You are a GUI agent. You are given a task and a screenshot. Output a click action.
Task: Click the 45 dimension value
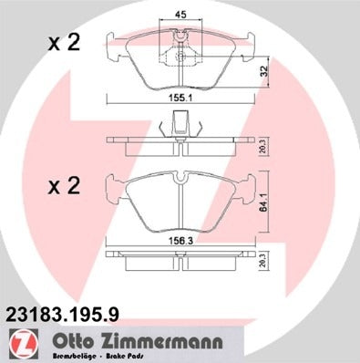(x=180, y=13)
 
